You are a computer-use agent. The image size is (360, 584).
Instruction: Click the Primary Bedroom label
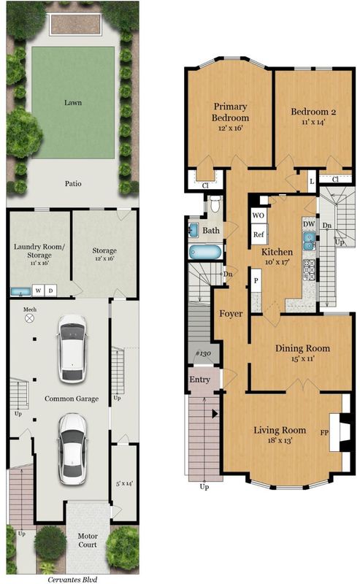click(230, 112)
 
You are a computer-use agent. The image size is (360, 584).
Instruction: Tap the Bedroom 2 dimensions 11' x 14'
click(313, 122)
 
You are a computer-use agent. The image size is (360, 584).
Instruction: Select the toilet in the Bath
click(215, 204)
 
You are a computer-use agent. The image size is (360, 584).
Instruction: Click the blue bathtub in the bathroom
click(205, 252)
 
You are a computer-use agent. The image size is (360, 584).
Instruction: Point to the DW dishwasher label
click(309, 224)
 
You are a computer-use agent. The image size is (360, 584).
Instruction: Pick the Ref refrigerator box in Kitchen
click(258, 234)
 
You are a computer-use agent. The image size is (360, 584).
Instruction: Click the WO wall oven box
click(258, 215)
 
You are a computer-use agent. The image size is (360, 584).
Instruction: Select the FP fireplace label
click(324, 433)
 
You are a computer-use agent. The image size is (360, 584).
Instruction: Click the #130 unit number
click(204, 353)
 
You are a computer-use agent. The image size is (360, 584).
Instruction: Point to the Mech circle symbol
click(29, 318)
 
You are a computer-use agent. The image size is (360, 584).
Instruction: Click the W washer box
click(39, 291)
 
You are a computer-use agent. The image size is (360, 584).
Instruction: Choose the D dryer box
click(50, 291)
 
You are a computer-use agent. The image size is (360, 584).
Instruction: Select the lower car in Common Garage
click(73, 449)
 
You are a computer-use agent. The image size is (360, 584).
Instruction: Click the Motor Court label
click(88, 540)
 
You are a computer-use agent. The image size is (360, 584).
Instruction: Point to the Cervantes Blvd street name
click(72, 579)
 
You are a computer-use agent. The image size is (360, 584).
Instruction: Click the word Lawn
click(73, 102)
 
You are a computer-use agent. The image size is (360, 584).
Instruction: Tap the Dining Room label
click(302, 348)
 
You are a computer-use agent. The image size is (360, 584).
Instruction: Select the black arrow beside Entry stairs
click(215, 413)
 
